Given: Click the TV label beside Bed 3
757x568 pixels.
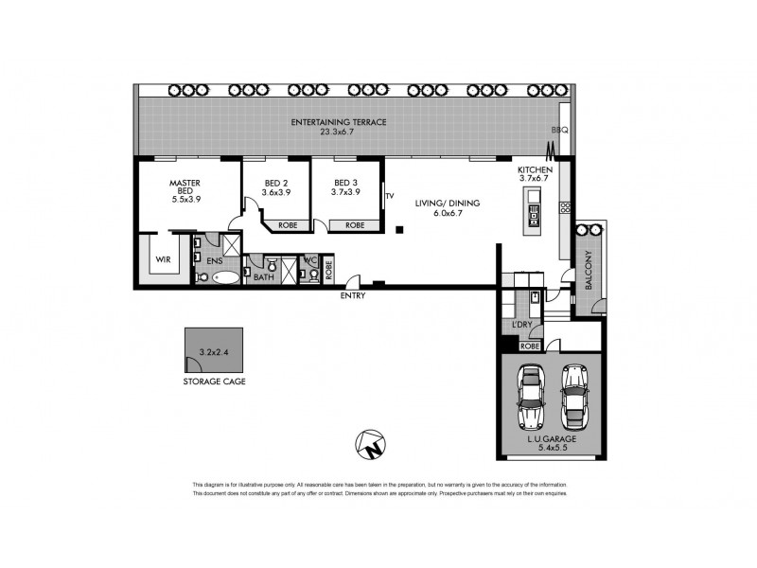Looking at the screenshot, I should point(389,197).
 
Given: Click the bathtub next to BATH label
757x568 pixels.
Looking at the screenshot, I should point(225,277).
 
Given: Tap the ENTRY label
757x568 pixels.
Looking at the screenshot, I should point(354,295).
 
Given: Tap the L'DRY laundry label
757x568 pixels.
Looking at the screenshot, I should point(521,326).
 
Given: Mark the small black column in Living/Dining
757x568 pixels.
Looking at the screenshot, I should point(400,229).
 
